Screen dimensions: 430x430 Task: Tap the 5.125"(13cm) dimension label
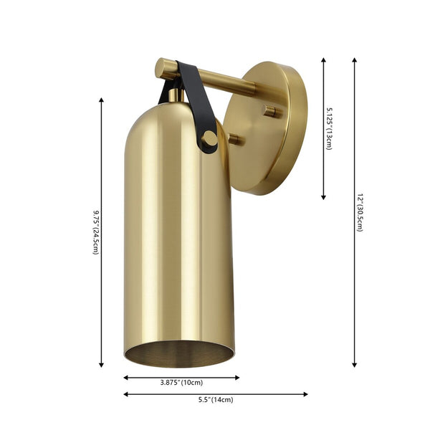click(x=329, y=128)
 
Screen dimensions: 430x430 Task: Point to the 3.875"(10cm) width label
click(x=181, y=383)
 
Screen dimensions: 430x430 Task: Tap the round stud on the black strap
click(x=209, y=138)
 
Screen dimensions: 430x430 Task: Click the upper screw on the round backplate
click(x=269, y=111)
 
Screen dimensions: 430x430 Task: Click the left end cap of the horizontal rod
click(x=163, y=70)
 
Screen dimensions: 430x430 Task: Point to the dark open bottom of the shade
click(x=179, y=353)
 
